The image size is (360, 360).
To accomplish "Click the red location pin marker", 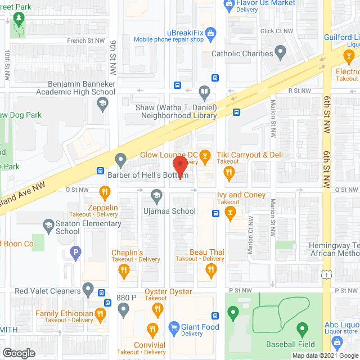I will [x=180, y=166].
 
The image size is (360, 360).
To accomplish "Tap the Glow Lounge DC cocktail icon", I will [x=205, y=155].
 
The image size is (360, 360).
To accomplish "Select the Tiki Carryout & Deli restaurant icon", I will [x=229, y=173].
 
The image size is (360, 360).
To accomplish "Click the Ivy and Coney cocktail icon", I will [x=229, y=213].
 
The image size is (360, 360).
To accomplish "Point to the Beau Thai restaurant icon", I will [x=211, y=271].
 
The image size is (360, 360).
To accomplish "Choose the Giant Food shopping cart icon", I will [x=174, y=327].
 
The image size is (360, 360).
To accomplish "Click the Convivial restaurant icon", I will [x=151, y=329].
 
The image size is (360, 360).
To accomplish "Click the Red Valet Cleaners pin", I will [x=88, y=290].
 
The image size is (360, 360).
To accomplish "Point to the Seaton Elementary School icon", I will [x=48, y=224].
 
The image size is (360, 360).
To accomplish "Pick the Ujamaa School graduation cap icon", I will [x=156, y=196].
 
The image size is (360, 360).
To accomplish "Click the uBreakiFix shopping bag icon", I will [x=211, y=33].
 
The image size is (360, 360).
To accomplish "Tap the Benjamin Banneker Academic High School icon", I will [x=102, y=102].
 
